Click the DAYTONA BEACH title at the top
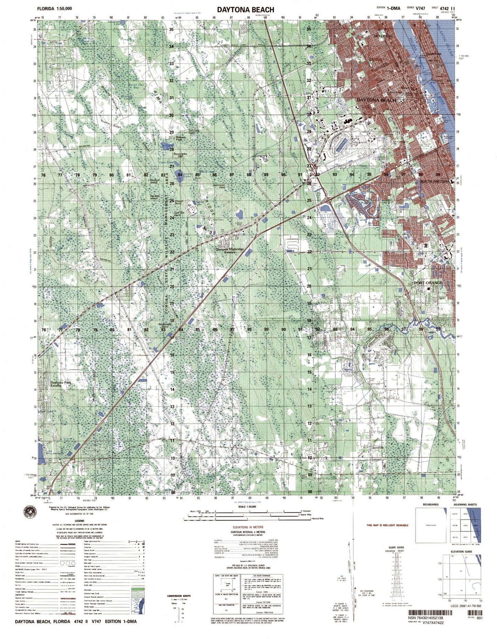pos(245,10)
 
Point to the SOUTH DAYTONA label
pos(434,181)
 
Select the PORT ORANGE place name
pos(429,283)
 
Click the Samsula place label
pos(378,448)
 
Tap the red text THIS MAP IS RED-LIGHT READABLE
pos(387,525)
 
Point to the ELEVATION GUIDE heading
pos(462,551)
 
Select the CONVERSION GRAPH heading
pos(179,596)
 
